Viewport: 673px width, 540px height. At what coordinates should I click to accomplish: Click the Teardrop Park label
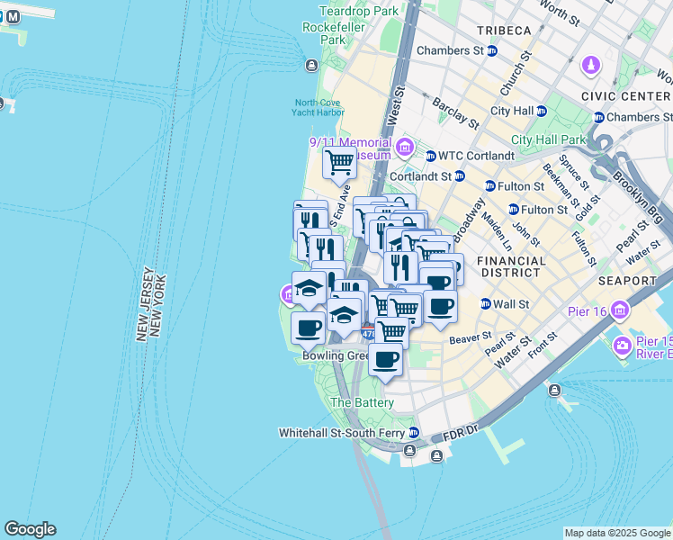[358, 12]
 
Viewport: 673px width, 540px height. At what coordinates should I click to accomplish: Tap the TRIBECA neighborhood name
[504, 31]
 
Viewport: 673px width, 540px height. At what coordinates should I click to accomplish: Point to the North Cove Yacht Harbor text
[318, 107]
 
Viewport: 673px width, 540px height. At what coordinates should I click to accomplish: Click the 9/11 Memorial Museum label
[351, 148]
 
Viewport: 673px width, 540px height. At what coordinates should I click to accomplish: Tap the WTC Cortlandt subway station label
[469, 156]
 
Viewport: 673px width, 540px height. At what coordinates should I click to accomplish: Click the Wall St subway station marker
[486, 304]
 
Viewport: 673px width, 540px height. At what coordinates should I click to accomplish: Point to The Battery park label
[362, 402]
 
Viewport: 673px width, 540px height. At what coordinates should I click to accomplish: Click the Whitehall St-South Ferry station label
[342, 433]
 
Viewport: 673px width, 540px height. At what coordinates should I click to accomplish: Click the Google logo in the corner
[30, 529]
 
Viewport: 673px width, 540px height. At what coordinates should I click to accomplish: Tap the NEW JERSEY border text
[141, 302]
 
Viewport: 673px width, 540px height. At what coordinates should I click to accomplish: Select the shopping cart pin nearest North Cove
[339, 164]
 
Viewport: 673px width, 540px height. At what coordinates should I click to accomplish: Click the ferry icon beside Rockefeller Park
[311, 65]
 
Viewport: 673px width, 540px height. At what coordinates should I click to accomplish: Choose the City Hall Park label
[548, 139]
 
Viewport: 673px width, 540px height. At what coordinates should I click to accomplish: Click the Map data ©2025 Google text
[617, 533]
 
